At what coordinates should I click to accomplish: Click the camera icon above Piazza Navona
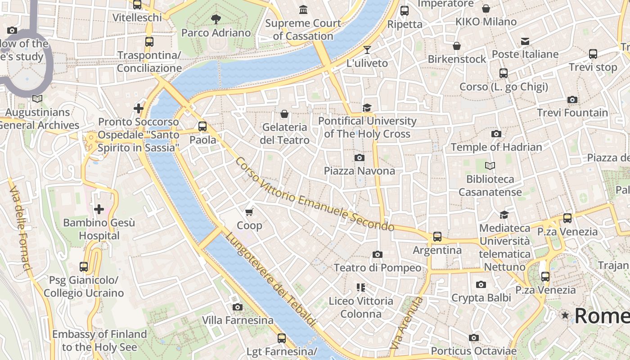point(359,157)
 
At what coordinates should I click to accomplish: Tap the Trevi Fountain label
point(572,112)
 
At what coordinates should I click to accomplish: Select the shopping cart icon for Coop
point(249,211)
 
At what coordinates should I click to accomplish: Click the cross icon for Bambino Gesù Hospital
point(99,209)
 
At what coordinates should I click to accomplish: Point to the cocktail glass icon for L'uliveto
point(367,49)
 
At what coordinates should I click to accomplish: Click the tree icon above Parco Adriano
point(216,19)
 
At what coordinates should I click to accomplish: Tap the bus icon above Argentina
point(437,236)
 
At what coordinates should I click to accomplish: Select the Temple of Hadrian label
point(496,147)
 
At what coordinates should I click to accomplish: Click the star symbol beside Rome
point(565,315)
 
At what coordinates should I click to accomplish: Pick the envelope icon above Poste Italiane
point(525,41)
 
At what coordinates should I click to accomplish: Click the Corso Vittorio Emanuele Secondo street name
point(315,195)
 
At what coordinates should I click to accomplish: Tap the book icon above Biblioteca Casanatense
point(490,166)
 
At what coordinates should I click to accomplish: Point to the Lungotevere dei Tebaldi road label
point(270,279)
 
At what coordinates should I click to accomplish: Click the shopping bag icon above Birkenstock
point(457,46)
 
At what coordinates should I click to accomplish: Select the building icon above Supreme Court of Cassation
point(303,9)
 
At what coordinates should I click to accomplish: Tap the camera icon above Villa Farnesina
point(238,307)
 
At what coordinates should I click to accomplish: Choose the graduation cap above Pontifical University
point(367,108)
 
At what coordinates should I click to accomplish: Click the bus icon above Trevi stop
point(593,54)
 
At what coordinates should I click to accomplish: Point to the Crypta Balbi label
point(481,298)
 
